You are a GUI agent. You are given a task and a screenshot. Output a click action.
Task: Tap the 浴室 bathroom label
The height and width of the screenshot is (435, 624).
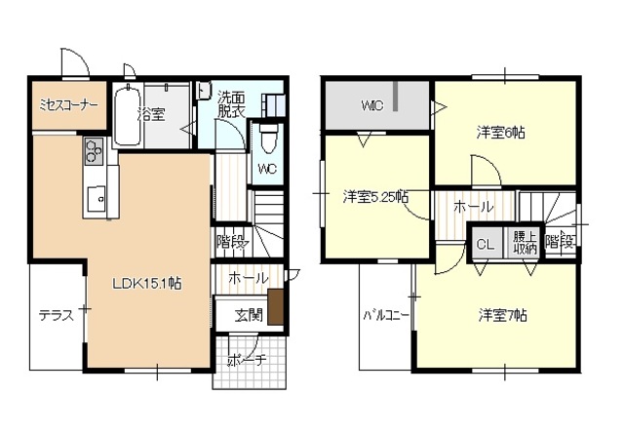pyautogui.click(x=151, y=114)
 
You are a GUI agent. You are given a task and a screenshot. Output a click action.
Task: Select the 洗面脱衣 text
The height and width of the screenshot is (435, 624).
pyautogui.click(x=232, y=103)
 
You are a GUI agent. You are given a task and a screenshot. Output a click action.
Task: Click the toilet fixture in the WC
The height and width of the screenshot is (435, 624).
pyautogui.click(x=267, y=137)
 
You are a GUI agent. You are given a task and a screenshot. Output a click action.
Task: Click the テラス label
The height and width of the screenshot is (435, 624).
pyautogui.click(x=56, y=315)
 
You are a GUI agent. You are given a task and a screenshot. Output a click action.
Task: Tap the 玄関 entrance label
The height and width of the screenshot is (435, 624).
pyautogui.click(x=248, y=314)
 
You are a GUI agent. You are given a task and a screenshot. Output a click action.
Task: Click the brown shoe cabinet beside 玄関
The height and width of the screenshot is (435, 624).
pyautogui.click(x=276, y=306)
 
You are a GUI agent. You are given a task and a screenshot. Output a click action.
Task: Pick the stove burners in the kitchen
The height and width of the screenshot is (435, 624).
pyautogui.click(x=95, y=150)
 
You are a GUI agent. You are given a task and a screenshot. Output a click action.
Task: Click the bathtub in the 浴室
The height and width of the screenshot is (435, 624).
pyautogui.click(x=127, y=117)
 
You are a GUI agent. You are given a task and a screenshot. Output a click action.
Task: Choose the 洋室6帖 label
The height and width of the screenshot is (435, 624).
pyautogui.click(x=501, y=132)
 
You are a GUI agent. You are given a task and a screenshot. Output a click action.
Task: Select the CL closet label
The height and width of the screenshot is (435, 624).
pyautogui.click(x=485, y=244)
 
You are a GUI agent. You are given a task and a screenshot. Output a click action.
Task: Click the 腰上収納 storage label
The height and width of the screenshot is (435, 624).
pyautogui.click(x=525, y=243)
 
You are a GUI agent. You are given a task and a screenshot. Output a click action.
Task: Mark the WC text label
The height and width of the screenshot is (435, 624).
pyautogui.click(x=267, y=168)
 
